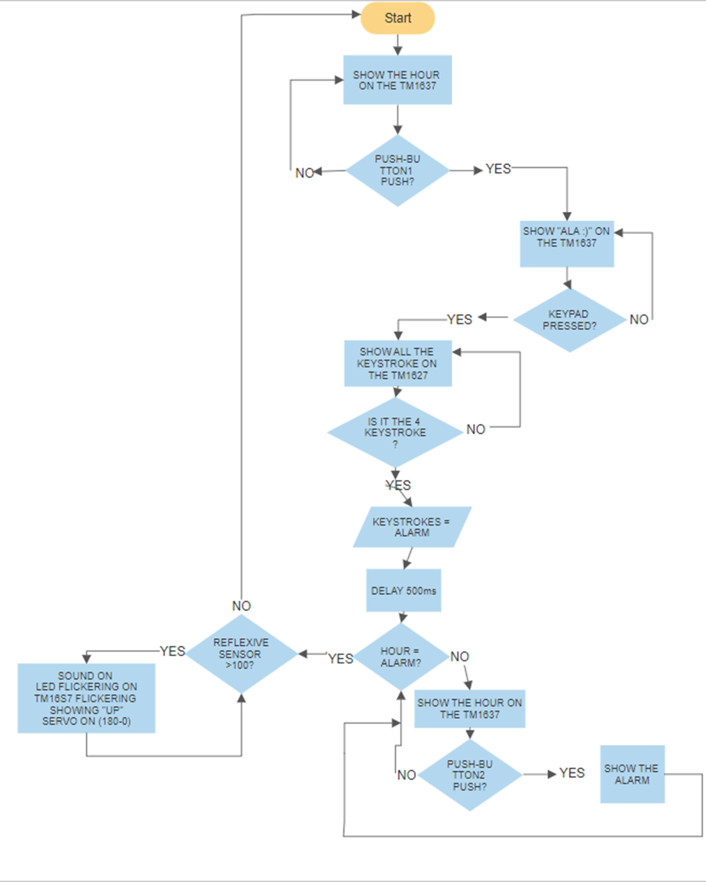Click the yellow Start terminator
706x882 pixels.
point(397,18)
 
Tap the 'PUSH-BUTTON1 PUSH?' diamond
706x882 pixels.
point(397,171)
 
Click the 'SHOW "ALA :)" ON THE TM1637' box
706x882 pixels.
point(567,244)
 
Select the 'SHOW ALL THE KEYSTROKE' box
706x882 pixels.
point(398,363)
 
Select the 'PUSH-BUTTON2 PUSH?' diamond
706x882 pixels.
point(469,775)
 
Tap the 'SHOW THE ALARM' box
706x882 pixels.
point(632,774)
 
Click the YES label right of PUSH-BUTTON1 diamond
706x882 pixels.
point(498,169)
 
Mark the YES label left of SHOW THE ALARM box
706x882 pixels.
point(572,773)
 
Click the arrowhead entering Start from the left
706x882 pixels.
point(356,15)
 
